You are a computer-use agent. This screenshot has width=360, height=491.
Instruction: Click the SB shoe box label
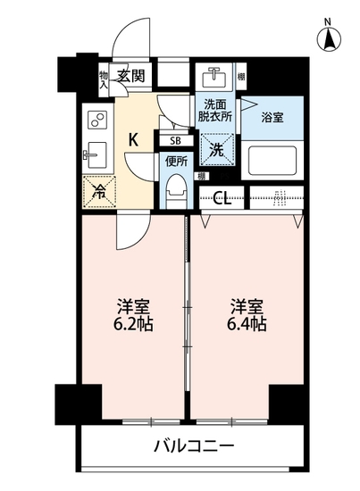pyautogui.click(x=175, y=140)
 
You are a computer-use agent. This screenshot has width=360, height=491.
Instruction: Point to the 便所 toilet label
pyautogui.click(x=175, y=162)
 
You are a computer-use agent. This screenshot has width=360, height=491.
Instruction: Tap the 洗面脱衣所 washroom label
pyautogui.click(x=215, y=109)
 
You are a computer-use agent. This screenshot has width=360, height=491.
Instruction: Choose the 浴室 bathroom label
pyautogui.click(x=272, y=116)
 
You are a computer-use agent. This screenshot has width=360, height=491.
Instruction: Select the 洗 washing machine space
pyautogui.click(x=215, y=149)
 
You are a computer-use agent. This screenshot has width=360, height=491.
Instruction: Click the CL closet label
pyautogui.click(x=222, y=198)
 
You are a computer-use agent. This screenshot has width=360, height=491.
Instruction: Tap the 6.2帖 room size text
pyautogui.click(x=131, y=323)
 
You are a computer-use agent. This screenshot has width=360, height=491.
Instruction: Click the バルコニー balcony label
pyautogui.click(x=193, y=445)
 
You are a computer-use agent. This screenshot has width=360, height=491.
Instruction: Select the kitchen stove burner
pyautogui.click(x=95, y=121)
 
